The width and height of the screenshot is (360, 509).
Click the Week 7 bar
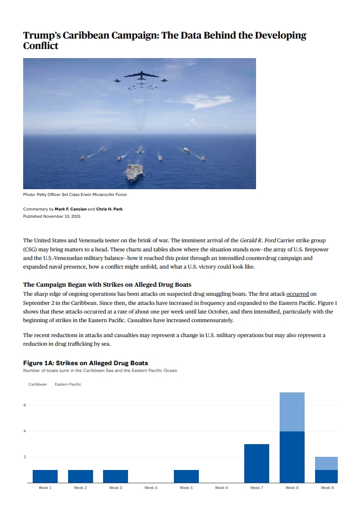(256, 463)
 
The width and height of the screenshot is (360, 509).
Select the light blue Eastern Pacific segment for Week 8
(292, 411)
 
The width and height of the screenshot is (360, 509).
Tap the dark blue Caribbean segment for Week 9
(326, 476)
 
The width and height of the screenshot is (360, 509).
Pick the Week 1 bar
(45, 476)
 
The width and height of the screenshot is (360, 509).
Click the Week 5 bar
(186, 476)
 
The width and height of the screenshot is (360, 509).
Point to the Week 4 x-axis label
(151, 488)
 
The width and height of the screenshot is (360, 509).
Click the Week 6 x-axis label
(221, 488)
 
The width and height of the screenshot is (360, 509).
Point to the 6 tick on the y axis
(25, 405)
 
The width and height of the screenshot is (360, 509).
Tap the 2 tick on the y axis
(25, 457)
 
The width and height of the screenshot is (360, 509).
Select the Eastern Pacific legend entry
(68, 384)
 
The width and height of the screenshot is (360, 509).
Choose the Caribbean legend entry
(37, 384)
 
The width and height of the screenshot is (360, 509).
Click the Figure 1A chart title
(85, 363)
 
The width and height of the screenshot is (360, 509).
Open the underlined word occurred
(297, 294)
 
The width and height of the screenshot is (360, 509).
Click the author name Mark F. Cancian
(70, 209)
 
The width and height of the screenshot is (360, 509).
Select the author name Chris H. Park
(109, 209)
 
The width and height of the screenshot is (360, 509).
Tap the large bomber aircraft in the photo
(141, 75)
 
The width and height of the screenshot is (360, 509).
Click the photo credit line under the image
(75, 195)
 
